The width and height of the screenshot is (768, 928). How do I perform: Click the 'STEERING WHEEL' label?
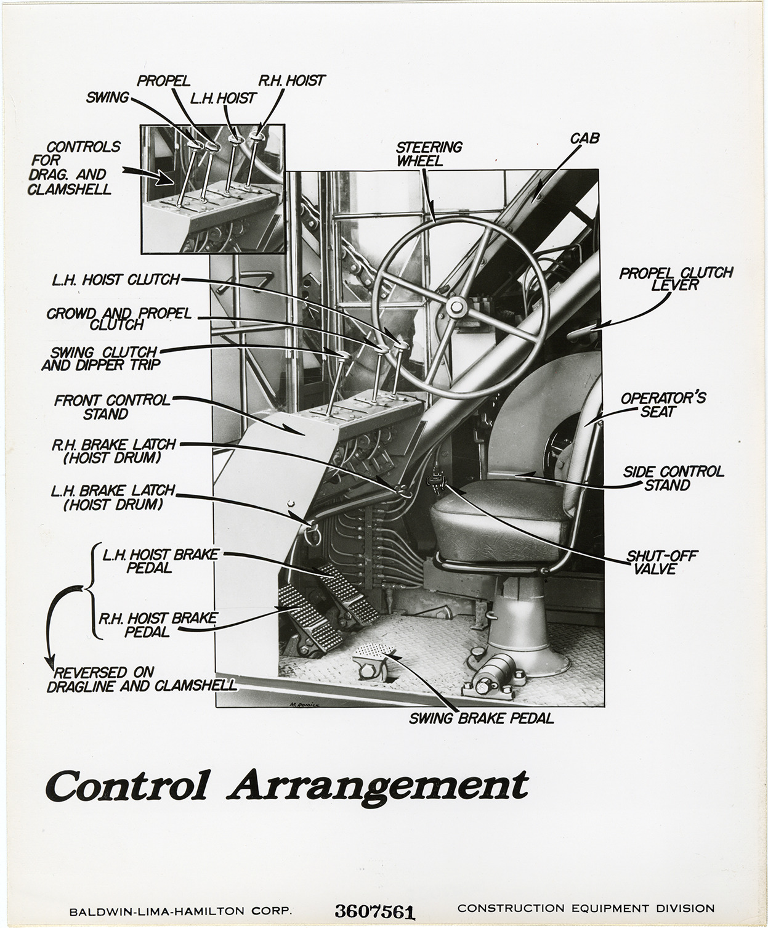[429, 153]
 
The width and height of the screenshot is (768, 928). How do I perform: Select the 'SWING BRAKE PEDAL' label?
[482, 718]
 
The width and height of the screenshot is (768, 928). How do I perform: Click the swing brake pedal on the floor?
[373, 653]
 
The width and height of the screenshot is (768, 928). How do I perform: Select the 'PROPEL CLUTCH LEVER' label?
[676, 279]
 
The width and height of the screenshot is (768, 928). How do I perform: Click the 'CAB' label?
[584, 139]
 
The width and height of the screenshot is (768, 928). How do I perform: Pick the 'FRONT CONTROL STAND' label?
[111, 407]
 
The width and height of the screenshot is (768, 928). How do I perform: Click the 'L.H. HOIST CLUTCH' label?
[116, 280]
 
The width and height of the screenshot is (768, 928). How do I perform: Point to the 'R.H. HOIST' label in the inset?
[291, 81]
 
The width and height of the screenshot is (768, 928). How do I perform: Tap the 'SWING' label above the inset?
[108, 97]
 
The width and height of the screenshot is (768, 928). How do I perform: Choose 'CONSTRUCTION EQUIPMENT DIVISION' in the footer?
[586, 908]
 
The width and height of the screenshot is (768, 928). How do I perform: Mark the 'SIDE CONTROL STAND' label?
[674, 478]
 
